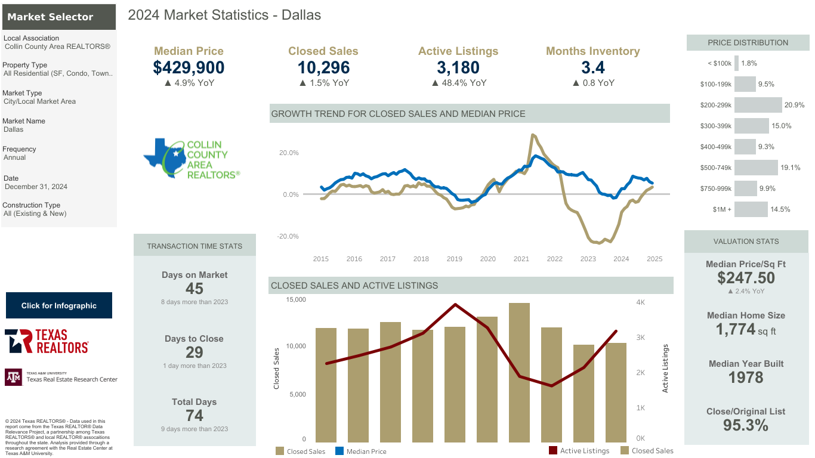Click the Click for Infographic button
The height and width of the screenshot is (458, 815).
[x=59, y=305]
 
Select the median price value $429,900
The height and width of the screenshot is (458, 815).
[x=189, y=67]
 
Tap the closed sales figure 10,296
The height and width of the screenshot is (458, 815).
[x=323, y=67]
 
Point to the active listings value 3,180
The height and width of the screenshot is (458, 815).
[x=458, y=67]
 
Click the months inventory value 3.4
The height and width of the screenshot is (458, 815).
[x=592, y=67]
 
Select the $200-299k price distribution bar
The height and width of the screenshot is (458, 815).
[x=758, y=105]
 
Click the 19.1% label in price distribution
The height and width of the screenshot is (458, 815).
[x=791, y=168]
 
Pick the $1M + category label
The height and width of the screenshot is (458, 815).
[x=722, y=209]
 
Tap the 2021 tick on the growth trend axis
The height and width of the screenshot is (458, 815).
[x=521, y=259]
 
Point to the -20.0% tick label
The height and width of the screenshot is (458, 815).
[x=288, y=237]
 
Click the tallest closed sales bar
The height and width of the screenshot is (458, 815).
[x=519, y=373]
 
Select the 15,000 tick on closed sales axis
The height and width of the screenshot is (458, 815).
[x=296, y=300]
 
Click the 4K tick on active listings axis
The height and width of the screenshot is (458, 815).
[x=640, y=302]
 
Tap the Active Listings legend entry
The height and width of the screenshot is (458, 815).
[x=579, y=451]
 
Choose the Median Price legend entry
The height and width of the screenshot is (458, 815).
[x=360, y=451]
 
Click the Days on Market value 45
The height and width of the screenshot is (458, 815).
[x=195, y=289]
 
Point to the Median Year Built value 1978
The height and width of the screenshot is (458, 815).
[x=746, y=377]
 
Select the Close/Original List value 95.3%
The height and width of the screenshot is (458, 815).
[x=746, y=425]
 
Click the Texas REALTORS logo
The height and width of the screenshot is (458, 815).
[x=47, y=341]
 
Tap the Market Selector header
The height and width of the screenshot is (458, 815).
[x=59, y=17]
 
